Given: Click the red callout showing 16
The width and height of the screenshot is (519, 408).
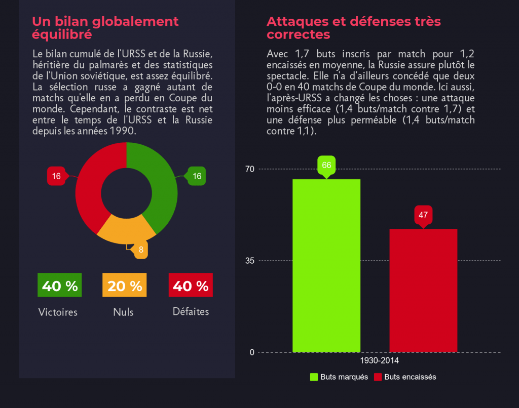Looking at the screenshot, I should [56, 176].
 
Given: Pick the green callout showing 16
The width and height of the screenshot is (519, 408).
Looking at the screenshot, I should [197, 176].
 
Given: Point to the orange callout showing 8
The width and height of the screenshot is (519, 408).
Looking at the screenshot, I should [140, 250].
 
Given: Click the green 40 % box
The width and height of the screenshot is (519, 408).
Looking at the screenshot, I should [59, 285].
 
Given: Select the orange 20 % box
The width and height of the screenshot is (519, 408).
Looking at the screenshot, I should [125, 285].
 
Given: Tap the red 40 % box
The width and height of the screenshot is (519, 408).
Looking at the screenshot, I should [190, 285].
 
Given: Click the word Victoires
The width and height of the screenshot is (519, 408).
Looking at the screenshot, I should [58, 312].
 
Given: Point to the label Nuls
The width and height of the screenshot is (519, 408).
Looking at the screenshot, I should [123, 312].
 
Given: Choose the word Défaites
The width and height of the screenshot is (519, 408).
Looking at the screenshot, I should [191, 312].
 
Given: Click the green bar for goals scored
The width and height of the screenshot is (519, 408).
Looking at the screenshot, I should [326, 266].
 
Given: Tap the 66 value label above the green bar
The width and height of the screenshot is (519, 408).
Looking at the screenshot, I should [326, 166].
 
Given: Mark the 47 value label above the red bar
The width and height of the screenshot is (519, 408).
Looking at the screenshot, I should [423, 215].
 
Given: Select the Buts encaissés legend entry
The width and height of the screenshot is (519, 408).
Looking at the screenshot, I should [405, 377].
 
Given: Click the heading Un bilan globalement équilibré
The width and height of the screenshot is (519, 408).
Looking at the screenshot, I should [105, 28].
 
